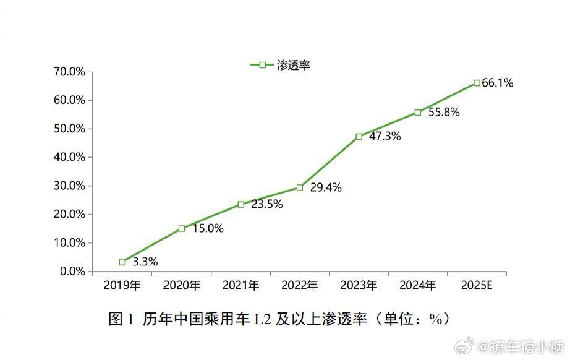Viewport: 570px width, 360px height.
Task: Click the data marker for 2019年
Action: (x=122, y=262)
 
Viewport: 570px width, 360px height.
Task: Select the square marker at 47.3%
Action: (x=359, y=136)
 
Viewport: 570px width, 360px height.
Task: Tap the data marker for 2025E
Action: (x=477, y=82)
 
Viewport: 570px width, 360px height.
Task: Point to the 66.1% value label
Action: (x=498, y=83)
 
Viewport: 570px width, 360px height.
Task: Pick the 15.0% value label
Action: (x=208, y=229)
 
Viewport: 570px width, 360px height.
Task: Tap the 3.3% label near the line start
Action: (x=145, y=262)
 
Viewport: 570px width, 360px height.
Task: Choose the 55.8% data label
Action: (x=443, y=113)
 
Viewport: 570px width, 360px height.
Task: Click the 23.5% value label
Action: (x=267, y=205)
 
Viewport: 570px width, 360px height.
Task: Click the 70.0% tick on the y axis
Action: (x=69, y=72)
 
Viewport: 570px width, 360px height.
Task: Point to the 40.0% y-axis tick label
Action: (x=69, y=157)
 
